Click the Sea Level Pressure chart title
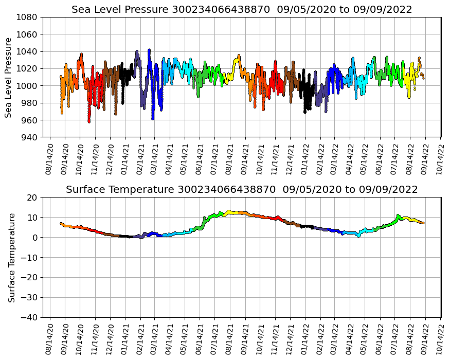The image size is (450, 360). (242, 9)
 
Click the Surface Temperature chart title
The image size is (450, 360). (242, 190)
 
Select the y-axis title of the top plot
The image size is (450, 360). (9, 77)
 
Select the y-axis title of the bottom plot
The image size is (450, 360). (11, 257)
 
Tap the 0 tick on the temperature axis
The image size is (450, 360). (35, 238)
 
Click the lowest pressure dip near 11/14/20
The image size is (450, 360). (89, 122)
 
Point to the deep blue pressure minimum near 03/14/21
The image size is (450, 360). (153, 119)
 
